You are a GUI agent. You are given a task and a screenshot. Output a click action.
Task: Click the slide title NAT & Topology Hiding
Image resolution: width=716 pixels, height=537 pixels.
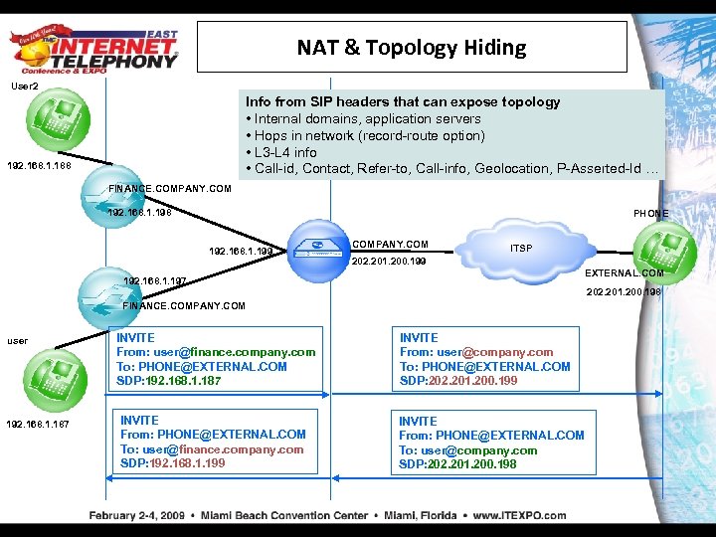(x=412, y=48)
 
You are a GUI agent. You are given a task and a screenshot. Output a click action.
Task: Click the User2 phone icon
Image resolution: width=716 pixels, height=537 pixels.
(x=45, y=119)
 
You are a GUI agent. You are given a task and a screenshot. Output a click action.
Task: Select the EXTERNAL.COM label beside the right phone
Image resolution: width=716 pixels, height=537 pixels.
(x=624, y=272)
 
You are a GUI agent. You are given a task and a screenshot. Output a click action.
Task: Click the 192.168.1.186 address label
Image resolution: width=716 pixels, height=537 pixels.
(x=38, y=166)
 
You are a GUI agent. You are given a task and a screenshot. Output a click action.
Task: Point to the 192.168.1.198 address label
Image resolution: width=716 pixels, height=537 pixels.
(x=139, y=211)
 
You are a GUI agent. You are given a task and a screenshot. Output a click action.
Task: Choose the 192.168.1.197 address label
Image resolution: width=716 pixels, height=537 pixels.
(x=154, y=281)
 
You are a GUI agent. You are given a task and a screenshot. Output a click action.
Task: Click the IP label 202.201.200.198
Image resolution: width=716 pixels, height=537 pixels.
(x=625, y=291)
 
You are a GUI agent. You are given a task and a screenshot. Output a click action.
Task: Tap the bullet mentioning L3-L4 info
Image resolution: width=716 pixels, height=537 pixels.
(x=285, y=152)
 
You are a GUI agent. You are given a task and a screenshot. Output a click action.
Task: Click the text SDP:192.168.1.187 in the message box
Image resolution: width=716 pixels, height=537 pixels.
(x=170, y=380)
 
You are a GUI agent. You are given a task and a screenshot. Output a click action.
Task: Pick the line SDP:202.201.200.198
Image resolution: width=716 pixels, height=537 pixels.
(x=457, y=463)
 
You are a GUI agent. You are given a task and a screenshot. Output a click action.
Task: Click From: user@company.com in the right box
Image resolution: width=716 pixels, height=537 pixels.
(x=476, y=352)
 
